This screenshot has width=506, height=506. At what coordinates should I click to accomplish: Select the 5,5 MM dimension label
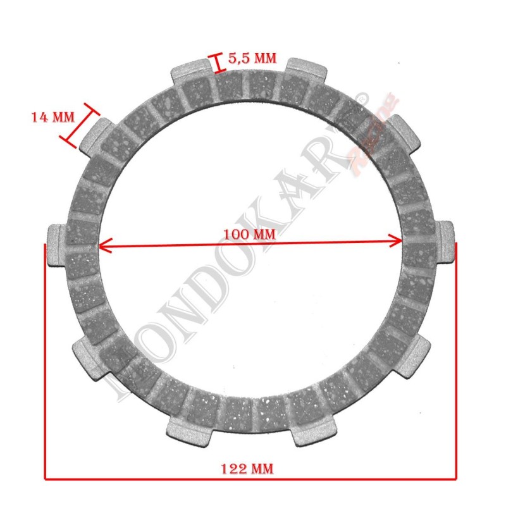pyautogui.click(x=252, y=59)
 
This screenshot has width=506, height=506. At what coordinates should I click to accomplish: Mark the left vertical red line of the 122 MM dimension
pyautogui.click(x=45, y=361)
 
